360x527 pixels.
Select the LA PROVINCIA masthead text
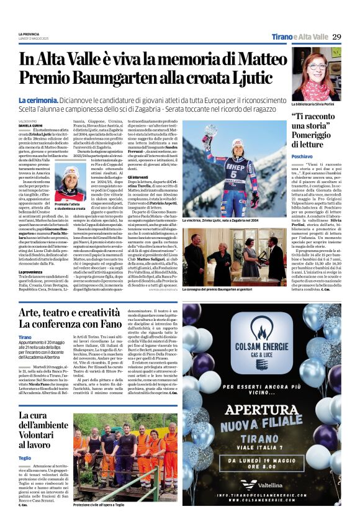[29, 34]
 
